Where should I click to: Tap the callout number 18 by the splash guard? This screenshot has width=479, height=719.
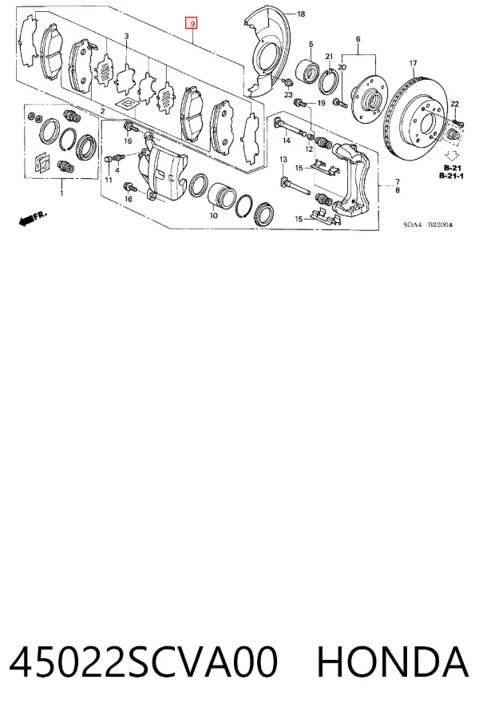301,14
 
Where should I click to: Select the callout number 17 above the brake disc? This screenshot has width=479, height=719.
413,63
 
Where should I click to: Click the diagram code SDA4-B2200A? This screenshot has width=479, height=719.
428,224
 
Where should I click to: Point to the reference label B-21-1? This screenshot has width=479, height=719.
451,176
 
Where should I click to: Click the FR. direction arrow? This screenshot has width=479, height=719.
32,218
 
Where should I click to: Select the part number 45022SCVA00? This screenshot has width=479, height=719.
143,662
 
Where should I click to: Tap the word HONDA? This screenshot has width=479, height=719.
393,662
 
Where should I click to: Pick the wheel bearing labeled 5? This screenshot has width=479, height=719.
307,70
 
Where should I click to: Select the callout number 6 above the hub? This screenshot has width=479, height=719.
358,39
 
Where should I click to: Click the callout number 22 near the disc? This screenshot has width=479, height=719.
454,105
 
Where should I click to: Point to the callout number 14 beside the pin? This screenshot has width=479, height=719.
287,141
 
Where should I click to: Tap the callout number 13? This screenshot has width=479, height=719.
283,160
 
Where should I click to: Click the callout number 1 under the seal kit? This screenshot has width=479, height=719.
62,193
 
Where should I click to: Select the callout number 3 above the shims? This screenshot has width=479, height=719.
126,36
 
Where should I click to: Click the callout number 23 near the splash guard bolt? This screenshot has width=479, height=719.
288,95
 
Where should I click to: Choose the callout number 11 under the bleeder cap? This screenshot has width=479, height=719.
109,181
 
